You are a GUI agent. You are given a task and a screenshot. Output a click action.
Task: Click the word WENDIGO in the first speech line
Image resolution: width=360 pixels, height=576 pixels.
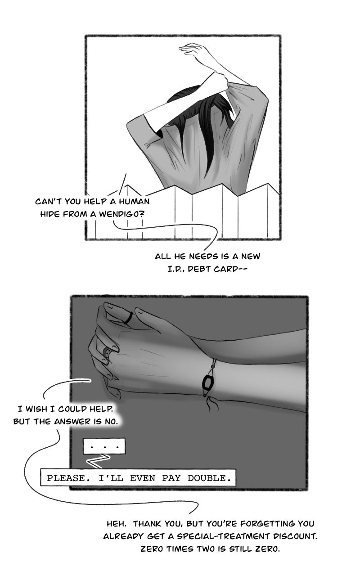point(121,214)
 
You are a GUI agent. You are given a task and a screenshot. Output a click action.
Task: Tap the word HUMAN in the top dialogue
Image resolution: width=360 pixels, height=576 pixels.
point(134,201)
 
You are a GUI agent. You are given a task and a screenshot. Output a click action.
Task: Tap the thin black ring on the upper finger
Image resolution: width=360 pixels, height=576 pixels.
point(128,318)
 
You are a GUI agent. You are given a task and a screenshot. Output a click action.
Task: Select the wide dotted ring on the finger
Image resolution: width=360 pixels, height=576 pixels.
point(107,355)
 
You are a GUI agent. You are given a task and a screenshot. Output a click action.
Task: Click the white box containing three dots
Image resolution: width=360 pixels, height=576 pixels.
point(104,446)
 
